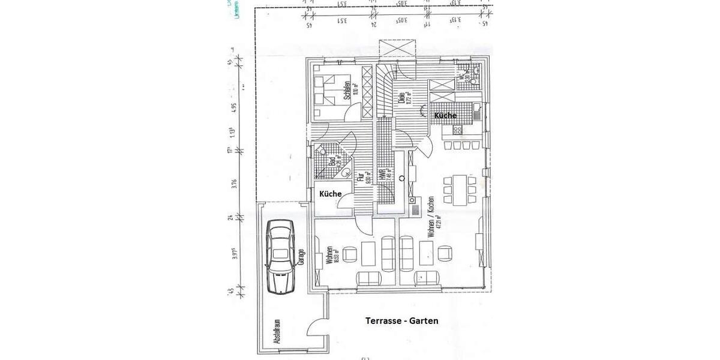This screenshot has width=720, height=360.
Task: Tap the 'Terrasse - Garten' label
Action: click(401, 321)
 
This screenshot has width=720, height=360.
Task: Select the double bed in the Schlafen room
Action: click(328, 93)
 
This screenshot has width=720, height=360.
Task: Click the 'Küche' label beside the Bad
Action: click(330, 194)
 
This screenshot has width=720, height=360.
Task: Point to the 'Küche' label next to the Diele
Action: click(445, 115)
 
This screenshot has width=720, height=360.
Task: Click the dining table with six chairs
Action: click(456, 189)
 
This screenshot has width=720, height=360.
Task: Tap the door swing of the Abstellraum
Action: click(316, 327)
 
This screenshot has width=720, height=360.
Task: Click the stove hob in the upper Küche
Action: click(458, 129)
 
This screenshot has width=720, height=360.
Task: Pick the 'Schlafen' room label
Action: click(347, 91)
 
